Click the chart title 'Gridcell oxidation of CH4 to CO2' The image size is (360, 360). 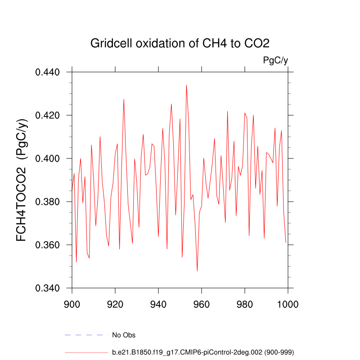[180, 44]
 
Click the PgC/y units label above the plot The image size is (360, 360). [275, 60]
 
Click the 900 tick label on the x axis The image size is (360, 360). [72, 304]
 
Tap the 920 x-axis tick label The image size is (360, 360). [115, 304]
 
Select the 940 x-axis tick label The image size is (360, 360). [158, 304]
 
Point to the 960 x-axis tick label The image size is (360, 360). [202, 304]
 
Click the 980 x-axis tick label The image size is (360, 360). [245, 304]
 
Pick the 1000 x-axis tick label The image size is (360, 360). [288, 304]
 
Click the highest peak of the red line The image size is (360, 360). [186, 85]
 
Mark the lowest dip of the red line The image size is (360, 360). [197, 271]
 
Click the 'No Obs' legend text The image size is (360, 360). [124, 335]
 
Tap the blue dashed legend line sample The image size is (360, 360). [86, 335]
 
